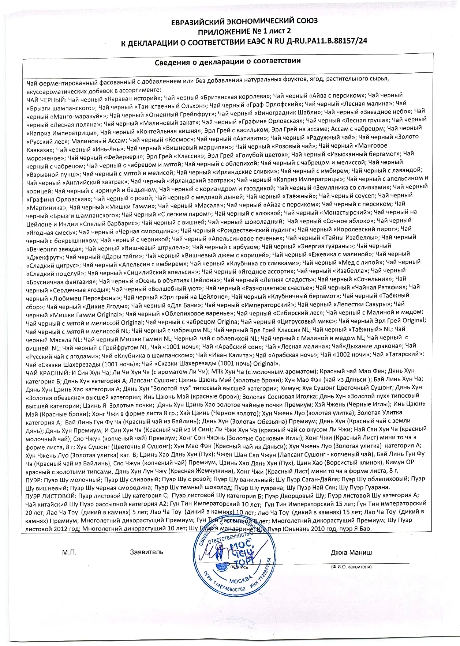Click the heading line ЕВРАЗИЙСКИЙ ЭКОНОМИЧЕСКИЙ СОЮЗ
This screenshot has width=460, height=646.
point(244,21)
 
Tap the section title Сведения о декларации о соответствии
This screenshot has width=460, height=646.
point(228,61)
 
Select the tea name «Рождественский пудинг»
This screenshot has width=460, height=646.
point(256,230)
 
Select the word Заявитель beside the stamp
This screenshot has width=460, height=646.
point(146,552)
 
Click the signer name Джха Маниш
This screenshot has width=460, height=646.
point(351,552)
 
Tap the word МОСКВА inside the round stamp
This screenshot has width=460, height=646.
point(240,581)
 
